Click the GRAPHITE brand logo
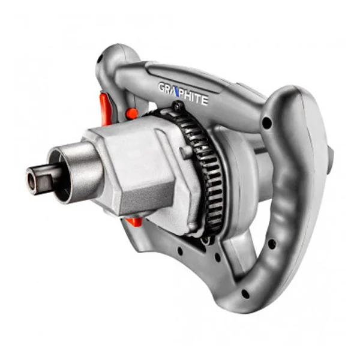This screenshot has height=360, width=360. tap(183, 94)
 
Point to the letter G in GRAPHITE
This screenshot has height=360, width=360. tap(163, 88)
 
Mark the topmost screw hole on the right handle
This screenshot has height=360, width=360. tap(266, 124)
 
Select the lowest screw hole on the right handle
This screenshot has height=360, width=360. tap(245, 294)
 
